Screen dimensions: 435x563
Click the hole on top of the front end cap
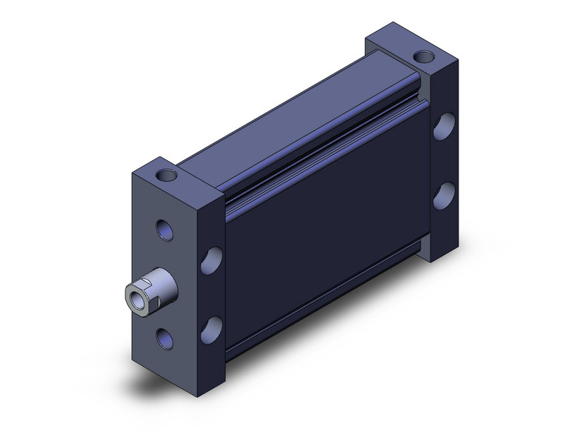167,176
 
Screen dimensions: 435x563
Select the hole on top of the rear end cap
424,56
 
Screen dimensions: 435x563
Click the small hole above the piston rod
167,230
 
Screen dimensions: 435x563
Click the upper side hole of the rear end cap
444,126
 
